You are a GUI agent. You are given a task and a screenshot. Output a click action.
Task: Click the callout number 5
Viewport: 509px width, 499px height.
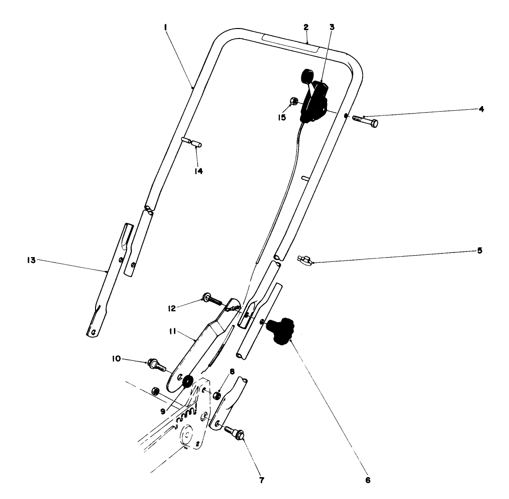(x=480, y=250)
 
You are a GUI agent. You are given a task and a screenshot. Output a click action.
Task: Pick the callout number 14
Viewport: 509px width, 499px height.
(x=198, y=171)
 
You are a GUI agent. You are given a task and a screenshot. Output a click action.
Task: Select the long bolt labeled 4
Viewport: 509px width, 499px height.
(x=365, y=121)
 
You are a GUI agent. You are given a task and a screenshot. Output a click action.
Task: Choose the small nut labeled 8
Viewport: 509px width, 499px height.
(x=215, y=395)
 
